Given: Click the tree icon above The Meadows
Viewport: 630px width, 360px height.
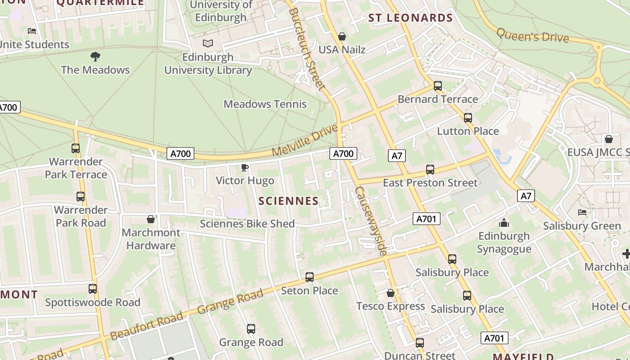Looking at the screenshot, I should pyautogui.click(x=95, y=57).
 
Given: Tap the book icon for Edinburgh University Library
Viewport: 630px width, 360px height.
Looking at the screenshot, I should pyautogui.click(x=207, y=44).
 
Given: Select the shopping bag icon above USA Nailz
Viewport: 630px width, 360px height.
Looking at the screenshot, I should pyautogui.click(x=342, y=36).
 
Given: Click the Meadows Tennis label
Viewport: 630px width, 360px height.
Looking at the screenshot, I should pyautogui.click(x=265, y=104).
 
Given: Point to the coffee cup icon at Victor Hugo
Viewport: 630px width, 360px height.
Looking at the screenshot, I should pyautogui.click(x=244, y=168).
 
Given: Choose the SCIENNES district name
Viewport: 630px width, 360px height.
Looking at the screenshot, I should pyautogui.click(x=288, y=201).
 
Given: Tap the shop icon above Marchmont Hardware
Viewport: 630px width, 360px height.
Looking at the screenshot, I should pyautogui.click(x=151, y=219).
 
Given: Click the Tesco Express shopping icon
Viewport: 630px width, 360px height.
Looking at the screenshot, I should pyautogui.click(x=390, y=293).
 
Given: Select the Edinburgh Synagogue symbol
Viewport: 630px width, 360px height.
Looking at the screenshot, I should pyautogui.click(x=504, y=223).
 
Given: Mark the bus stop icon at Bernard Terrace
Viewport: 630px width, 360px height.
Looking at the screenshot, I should pyautogui.click(x=437, y=86).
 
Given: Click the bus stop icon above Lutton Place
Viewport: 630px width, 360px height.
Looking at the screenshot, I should pyautogui.click(x=468, y=118).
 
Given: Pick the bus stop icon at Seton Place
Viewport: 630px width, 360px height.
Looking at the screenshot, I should pyautogui.click(x=309, y=277).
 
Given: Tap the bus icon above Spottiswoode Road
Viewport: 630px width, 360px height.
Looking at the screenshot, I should pyautogui.click(x=92, y=289).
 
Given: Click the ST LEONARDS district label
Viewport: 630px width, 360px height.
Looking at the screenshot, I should pyautogui.click(x=410, y=18).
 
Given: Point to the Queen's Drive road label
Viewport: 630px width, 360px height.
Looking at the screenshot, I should pyautogui.click(x=532, y=35).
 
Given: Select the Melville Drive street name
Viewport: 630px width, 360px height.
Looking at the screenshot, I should pyautogui.click(x=305, y=141).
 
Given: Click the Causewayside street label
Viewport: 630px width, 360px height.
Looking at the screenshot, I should pyautogui.click(x=370, y=221).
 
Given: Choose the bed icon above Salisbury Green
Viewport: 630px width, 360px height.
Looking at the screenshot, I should pyautogui.click(x=582, y=212).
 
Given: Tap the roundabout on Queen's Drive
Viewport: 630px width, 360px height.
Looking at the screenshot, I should pyautogui.click(x=598, y=81).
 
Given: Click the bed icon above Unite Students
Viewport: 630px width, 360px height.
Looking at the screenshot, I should pyautogui.click(x=32, y=31).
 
